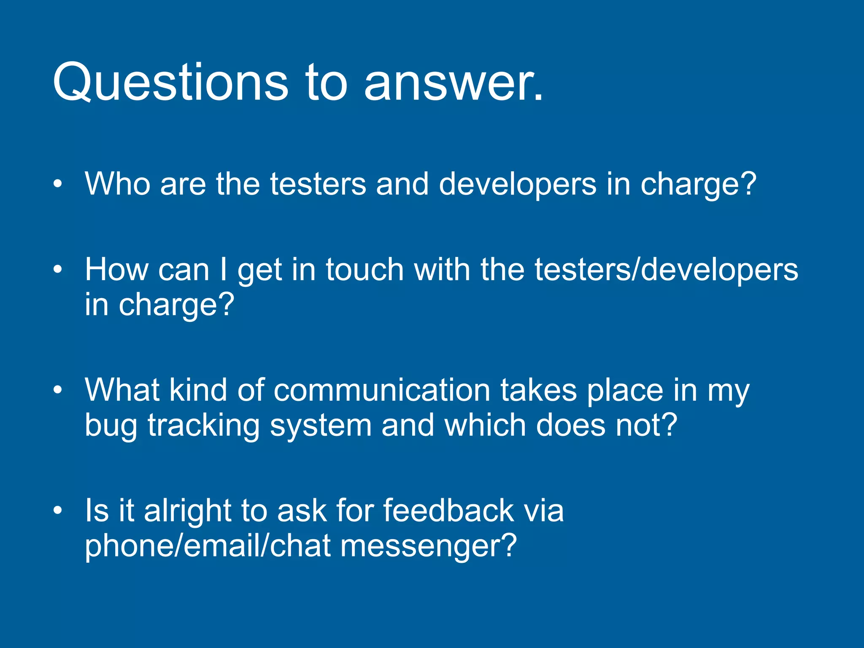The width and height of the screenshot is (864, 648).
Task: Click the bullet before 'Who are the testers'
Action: click(x=58, y=184)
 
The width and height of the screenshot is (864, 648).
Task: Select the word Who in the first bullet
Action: click(x=118, y=184)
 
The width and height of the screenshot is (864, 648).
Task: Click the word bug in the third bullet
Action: click(x=111, y=425)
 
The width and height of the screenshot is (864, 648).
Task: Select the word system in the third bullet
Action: click(x=321, y=425)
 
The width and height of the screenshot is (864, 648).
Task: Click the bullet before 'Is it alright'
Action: click(x=58, y=510)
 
